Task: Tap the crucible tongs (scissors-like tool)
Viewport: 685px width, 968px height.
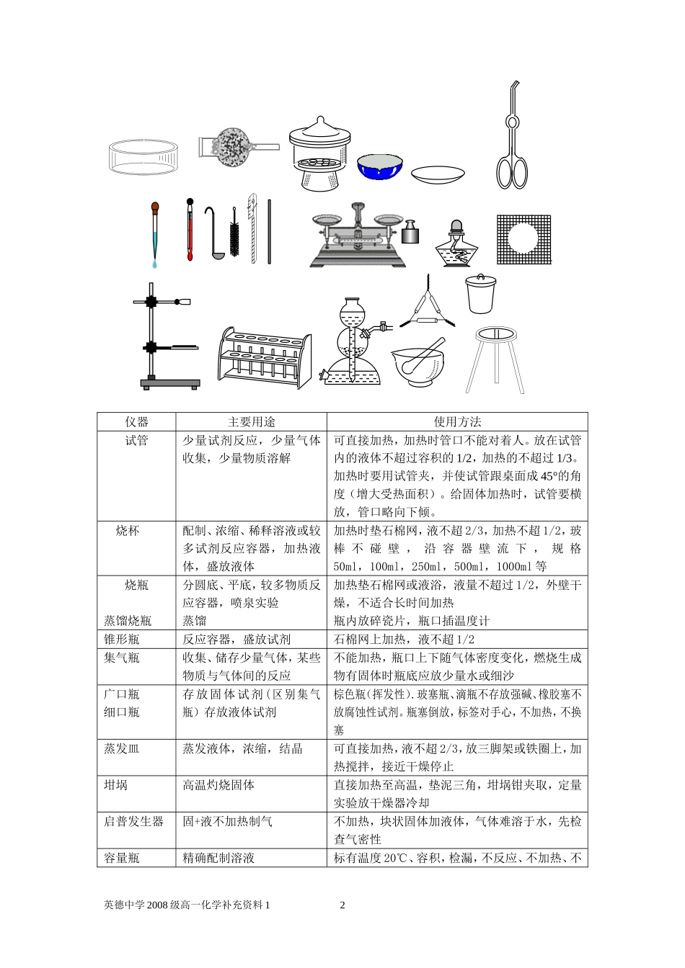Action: click(x=511, y=144)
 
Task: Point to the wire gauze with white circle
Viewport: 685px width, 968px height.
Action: click(x=523, y=238)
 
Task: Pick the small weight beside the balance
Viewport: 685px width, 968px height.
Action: click(x=412, y=232)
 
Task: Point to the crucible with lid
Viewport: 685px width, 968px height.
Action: click(x=479, y=294)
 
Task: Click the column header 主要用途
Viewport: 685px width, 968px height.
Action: click(x=252, y=422)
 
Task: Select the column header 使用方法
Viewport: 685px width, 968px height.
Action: click(x=457, y=422)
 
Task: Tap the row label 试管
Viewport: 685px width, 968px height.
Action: click(x=136, y=441)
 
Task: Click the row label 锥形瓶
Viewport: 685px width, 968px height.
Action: click(x=122, y=639)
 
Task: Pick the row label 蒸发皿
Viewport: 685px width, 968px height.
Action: click(x=122, y=749)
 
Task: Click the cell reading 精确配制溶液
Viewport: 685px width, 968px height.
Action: click(x=218, y=858)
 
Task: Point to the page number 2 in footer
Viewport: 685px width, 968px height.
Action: click(x=342, y=905)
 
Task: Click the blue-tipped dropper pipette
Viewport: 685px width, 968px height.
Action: click(x=154, y=234)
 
